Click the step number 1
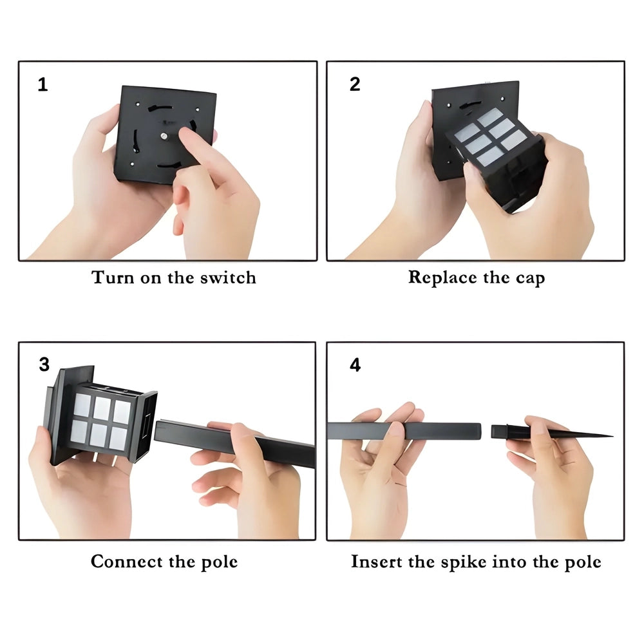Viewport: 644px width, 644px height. point(43,84)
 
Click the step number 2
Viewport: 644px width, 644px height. point(355,84)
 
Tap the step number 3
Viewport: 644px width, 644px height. point(44,365)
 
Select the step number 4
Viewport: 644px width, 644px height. point(355,365)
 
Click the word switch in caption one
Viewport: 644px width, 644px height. point(228,278)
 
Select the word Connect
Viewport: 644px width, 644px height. point(126,562)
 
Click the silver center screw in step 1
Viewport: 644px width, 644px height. point(164,136)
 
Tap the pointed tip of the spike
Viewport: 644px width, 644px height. point(612,436)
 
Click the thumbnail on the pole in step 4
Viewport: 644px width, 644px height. point(396,428)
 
